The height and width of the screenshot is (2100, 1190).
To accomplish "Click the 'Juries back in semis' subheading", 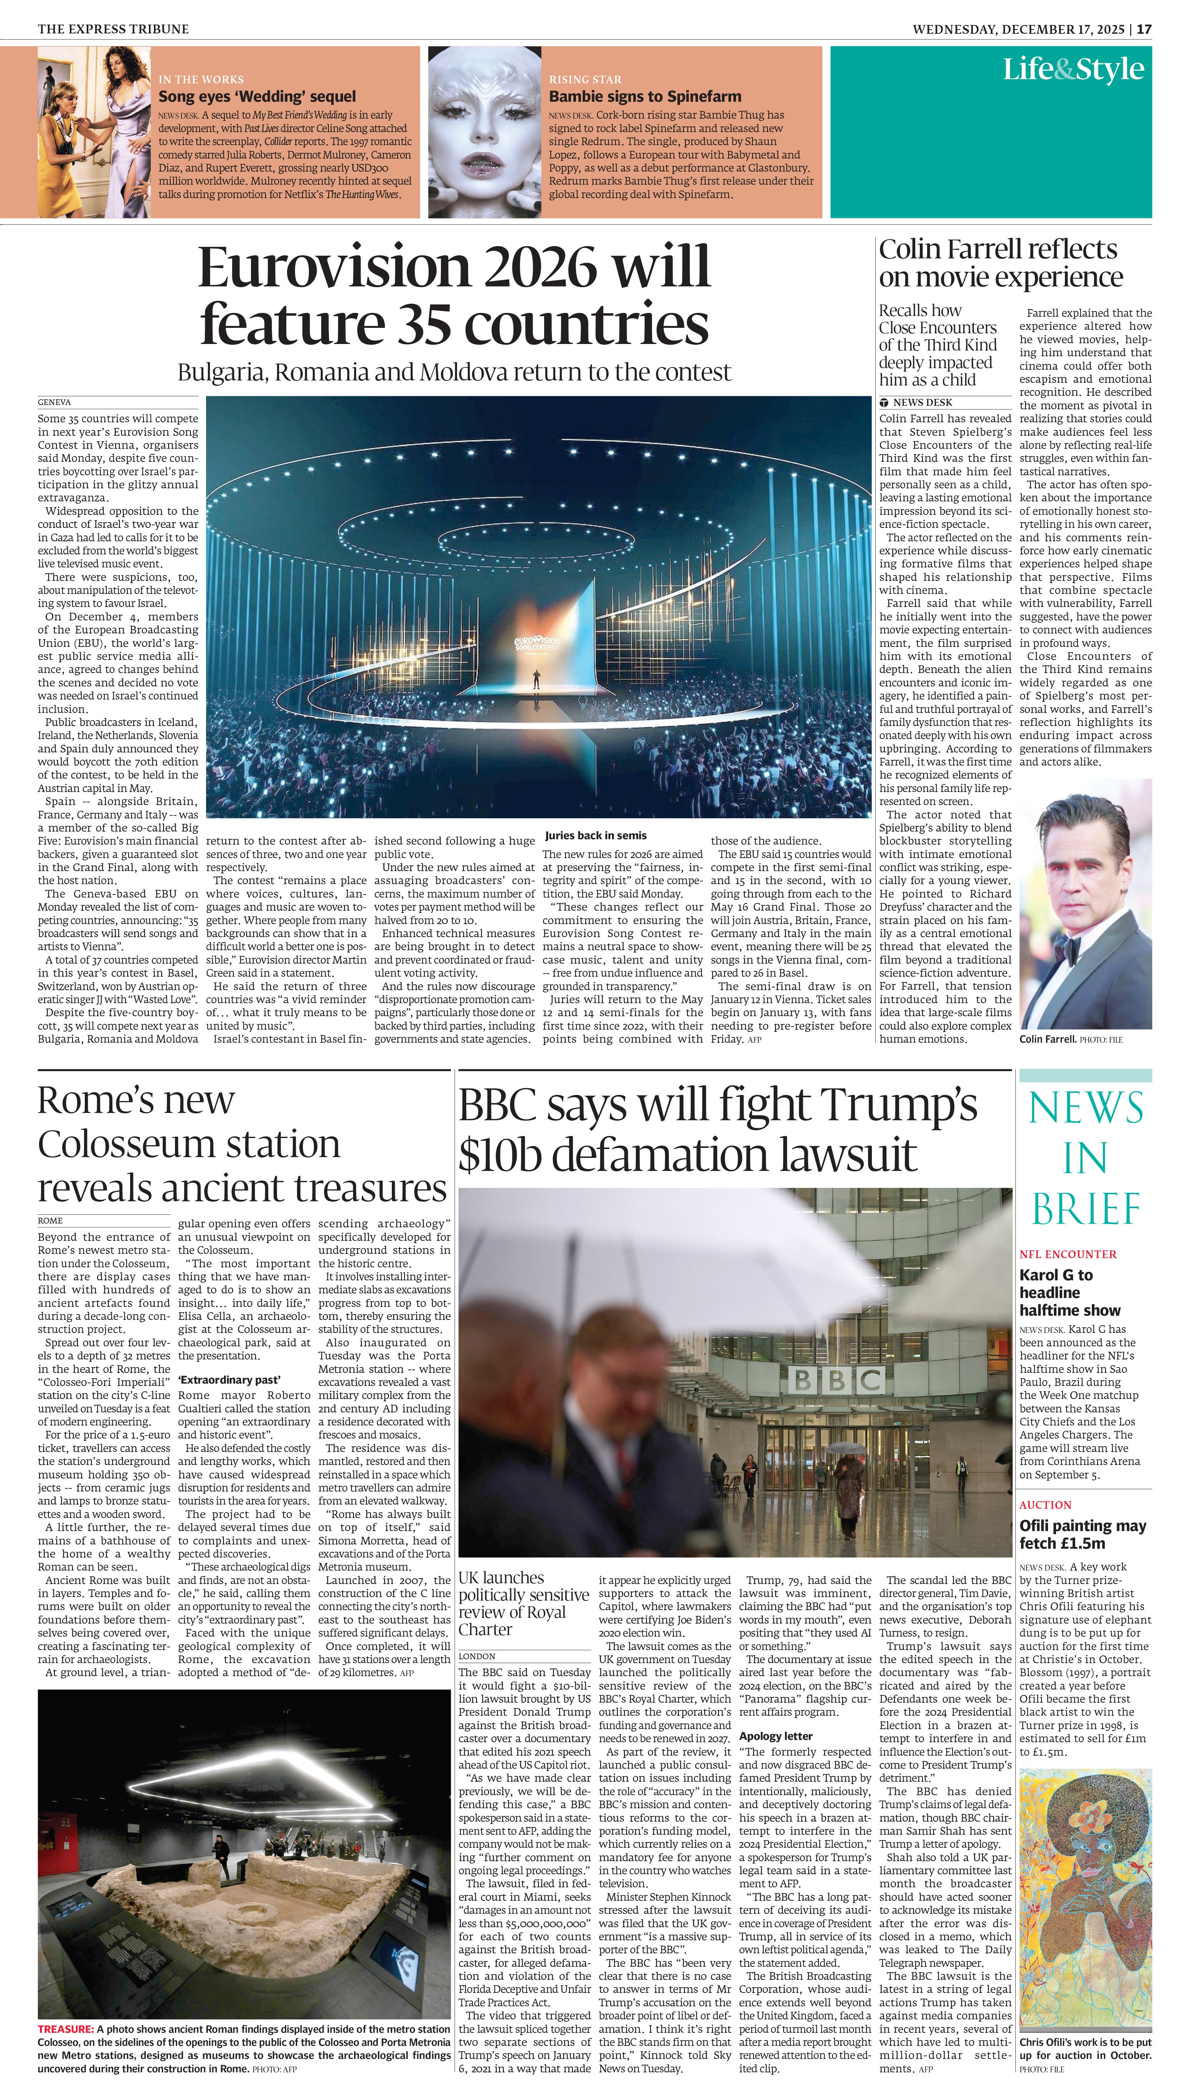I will point(595,835).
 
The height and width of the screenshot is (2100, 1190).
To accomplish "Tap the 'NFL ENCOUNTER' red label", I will point(1068,1254).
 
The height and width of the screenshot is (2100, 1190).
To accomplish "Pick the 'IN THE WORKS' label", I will point(201,79).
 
